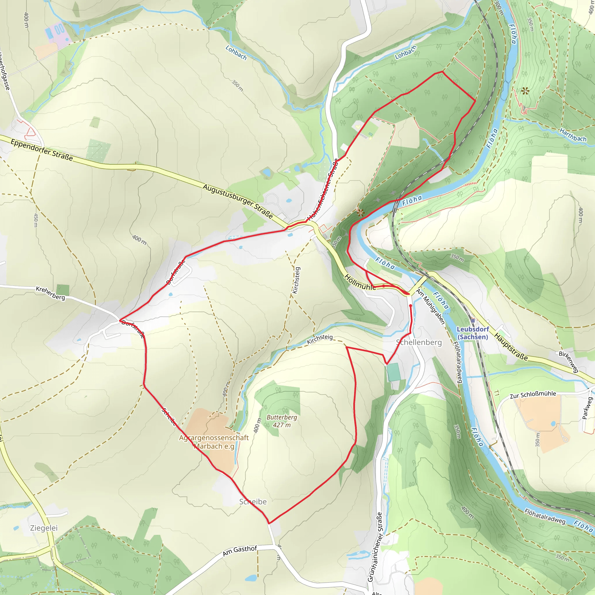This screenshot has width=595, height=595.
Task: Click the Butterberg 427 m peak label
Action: point(282,421)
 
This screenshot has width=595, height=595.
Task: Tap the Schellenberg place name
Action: point(419,343)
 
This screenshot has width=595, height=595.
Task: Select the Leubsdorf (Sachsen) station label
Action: point(473,333)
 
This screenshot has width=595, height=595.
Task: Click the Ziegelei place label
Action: point(44,528)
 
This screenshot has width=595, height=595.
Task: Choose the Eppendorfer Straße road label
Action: point(42,150)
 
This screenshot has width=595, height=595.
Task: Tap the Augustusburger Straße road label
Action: point(238,201)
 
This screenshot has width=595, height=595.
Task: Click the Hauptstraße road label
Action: point(511,347)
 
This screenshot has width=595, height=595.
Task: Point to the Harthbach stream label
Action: point(573,135)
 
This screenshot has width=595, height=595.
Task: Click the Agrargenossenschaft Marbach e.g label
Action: point(214,442)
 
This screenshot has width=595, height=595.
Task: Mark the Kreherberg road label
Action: point(51,293)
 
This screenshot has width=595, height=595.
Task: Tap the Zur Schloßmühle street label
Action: point(533,395)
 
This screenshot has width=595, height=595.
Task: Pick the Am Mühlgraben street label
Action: point(431,306)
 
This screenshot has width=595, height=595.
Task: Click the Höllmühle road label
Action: point(360,282)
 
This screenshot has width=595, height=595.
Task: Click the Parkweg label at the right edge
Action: point(587,408)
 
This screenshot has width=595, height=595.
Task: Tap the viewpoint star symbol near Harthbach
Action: point(525,91)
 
